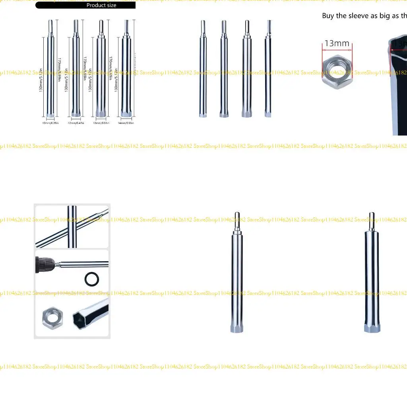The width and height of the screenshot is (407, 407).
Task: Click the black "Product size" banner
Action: pos(85,5)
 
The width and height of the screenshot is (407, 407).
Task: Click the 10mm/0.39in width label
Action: pos(50,123)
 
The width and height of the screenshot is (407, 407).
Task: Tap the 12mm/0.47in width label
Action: pos(75,123)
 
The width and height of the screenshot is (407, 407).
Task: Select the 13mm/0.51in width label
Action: pos(100,123)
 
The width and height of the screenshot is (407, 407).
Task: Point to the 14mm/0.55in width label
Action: pos(126,123)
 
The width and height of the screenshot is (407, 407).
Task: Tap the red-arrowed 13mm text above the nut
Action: pos(337,43)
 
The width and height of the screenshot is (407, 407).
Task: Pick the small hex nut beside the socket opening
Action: pos(52,318)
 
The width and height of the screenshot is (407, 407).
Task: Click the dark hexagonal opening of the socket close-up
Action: pos(82,318)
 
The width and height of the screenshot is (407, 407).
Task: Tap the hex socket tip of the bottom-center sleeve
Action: pos(237,329)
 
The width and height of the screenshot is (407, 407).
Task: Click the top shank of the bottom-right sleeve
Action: pos(372,220)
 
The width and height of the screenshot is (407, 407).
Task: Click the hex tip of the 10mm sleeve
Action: pos(50,115)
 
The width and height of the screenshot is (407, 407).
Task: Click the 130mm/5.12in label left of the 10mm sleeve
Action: pos(41,76)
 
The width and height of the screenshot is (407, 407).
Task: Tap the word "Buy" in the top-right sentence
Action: pos(328,16)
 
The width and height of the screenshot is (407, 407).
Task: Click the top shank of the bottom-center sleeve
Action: pos(237,221)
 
